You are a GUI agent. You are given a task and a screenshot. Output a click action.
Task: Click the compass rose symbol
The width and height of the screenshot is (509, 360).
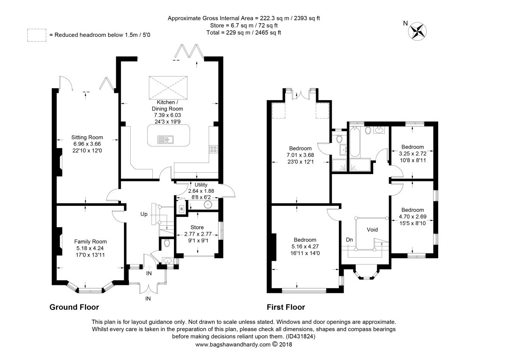pos(417,31)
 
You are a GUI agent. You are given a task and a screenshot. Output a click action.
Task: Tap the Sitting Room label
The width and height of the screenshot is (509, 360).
pos(87,138)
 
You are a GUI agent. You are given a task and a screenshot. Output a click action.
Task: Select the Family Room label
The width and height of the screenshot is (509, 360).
pos(90,242)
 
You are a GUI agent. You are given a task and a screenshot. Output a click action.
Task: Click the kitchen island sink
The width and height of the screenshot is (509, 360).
pos(165,139)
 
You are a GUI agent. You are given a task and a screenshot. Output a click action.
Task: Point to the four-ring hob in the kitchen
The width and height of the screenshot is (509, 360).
pos(214,149)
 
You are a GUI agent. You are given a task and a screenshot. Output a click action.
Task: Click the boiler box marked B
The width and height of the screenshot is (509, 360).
pos(182,209)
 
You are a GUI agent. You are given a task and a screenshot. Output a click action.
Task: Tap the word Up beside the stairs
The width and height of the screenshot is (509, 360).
pos(144,214)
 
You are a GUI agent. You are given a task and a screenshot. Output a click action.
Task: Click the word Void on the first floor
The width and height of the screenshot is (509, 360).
pos(372,230)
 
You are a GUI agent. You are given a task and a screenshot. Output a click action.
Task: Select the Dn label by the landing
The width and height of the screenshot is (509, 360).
pos(349,240)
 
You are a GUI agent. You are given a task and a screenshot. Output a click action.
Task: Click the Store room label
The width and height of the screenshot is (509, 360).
pos(197,228)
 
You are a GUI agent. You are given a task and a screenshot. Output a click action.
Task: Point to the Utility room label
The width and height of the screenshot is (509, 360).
pos(201,185)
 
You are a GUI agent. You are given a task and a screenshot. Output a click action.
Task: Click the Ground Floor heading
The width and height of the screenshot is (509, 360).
pos(74,307)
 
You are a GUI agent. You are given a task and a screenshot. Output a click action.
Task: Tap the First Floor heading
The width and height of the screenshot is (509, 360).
pos(286,307)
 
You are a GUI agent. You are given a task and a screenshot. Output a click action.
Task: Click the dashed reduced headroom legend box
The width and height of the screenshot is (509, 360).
pos(37,35)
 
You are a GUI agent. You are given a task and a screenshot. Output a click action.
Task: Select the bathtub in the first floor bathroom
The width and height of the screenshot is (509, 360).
pos(355,142)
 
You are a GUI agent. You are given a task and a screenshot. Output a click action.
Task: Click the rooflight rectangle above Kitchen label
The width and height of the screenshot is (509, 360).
pos(168,88)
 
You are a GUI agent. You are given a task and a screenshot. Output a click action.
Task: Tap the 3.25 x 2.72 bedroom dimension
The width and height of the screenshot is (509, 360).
pos(413,154)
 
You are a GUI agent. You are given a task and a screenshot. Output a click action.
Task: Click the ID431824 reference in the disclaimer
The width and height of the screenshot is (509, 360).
pos(300,336)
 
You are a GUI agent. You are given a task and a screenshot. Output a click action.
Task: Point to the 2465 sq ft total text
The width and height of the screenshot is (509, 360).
pos(268,33)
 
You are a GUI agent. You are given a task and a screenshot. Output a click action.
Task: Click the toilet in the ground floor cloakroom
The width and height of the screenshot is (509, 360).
pos(167,243)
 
